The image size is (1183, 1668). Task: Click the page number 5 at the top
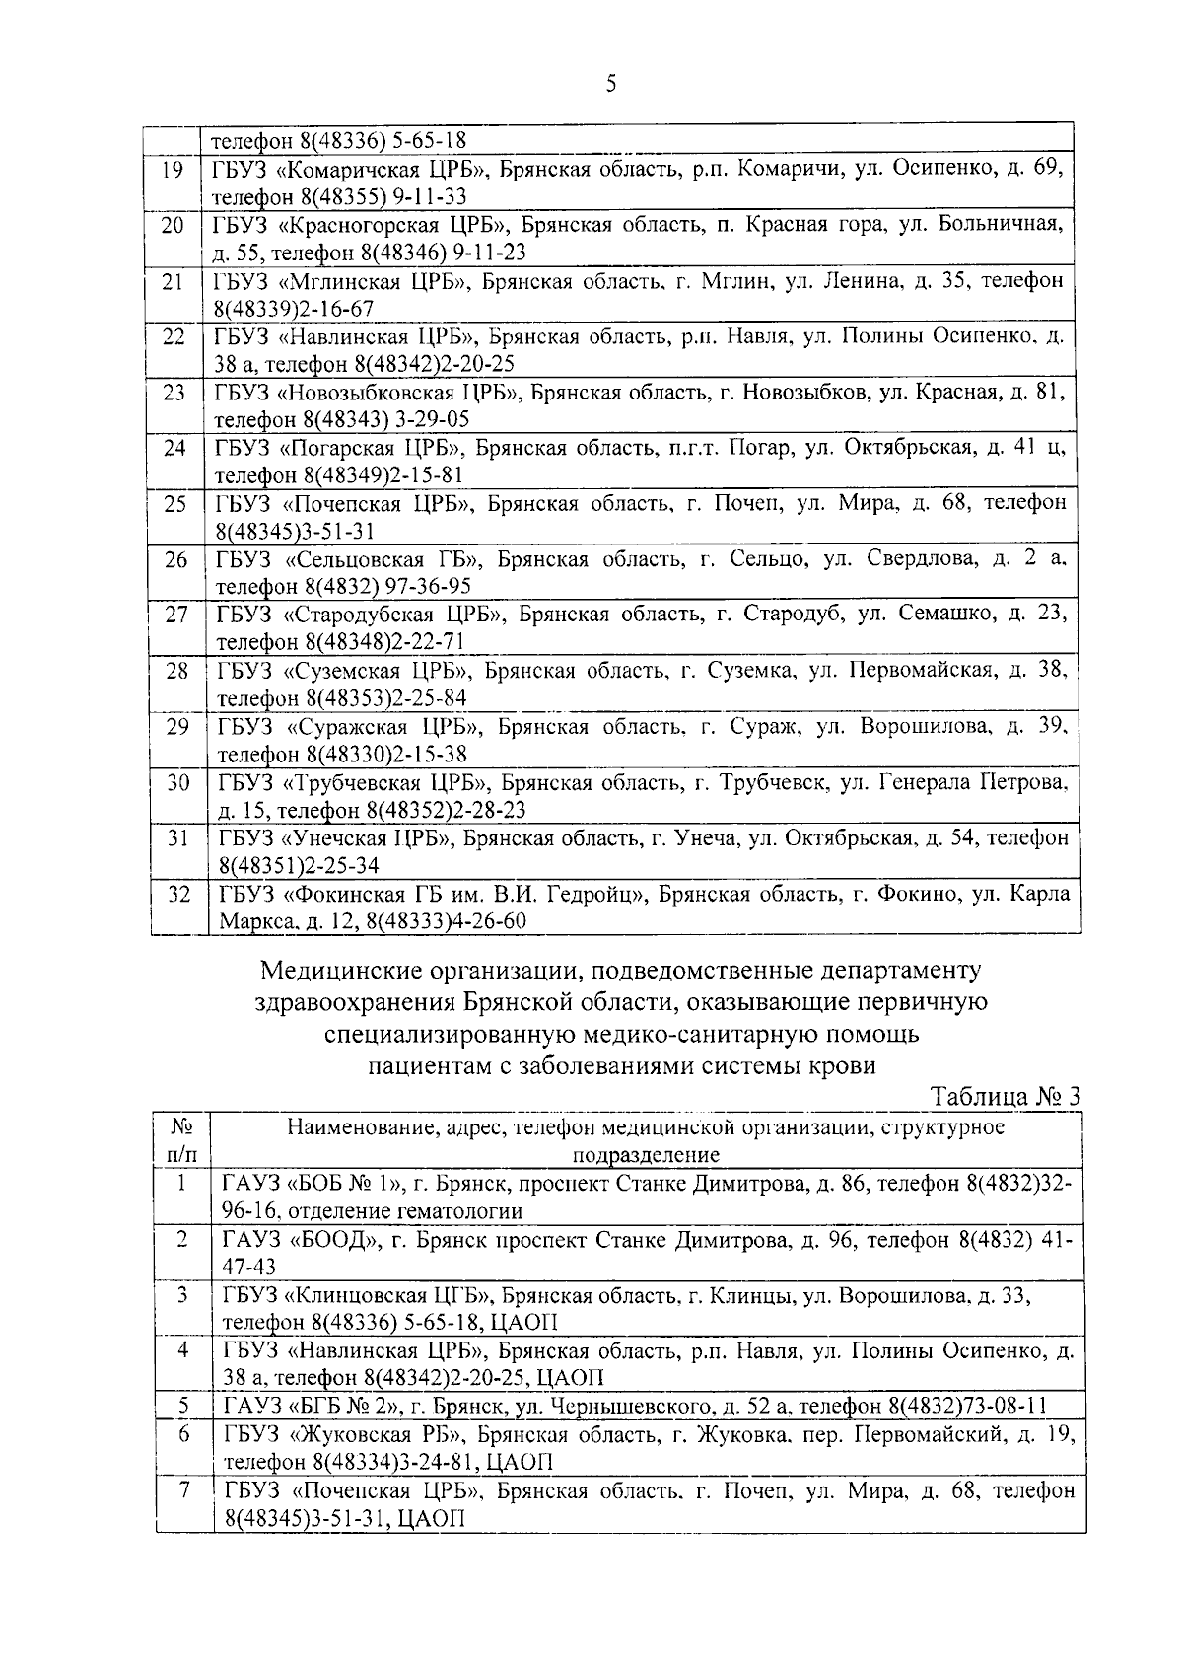[611, 84]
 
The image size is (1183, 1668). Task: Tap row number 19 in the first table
[173, 170]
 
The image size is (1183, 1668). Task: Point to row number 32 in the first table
[177, 895]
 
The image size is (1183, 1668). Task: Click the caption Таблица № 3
[1006, 1097]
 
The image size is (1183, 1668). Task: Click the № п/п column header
[181, 1140]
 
